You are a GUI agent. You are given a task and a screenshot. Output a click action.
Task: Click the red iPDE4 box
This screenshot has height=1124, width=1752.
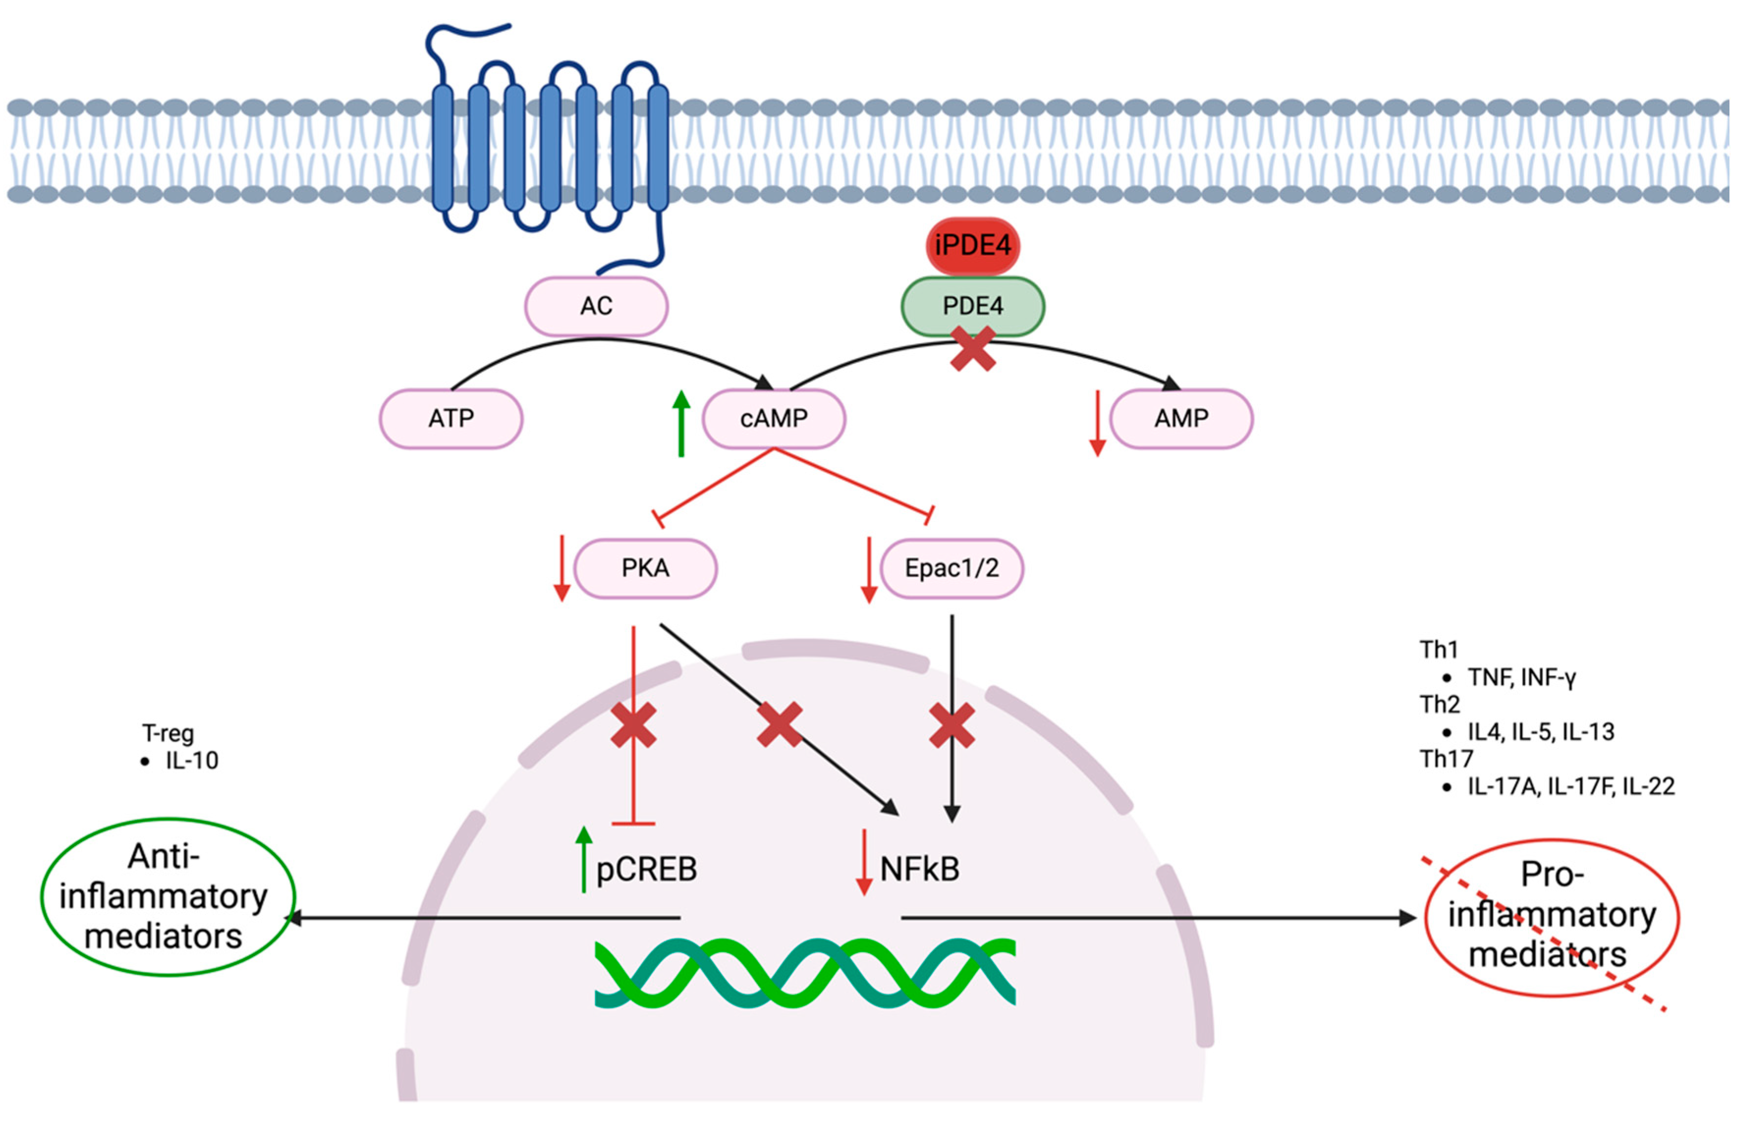click(973, 245)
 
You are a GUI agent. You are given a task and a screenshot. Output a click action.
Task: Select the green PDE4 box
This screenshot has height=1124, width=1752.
click(973, 306)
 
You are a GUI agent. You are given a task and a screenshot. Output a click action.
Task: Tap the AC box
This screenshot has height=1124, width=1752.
click(596, 306)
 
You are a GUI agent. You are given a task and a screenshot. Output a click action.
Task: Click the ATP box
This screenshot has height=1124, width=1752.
click(451, 418)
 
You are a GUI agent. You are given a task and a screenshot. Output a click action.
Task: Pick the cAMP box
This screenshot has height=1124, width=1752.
click(773, 418)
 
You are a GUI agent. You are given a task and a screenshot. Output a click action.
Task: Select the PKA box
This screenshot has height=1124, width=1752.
click(645, 568)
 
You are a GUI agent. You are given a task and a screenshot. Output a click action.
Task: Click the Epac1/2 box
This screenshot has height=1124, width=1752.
click(952, 568)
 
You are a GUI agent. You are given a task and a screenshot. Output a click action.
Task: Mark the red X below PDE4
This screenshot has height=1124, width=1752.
click(973, 349)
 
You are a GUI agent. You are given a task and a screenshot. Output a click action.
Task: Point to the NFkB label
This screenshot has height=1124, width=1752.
click(919, 869)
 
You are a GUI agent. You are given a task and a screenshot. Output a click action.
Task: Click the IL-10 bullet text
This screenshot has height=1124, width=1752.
click(191, 761)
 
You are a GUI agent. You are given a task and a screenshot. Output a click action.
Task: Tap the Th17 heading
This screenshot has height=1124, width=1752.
click(1446, 759)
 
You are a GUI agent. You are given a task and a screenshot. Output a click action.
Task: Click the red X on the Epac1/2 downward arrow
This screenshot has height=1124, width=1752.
click(952, 725)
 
